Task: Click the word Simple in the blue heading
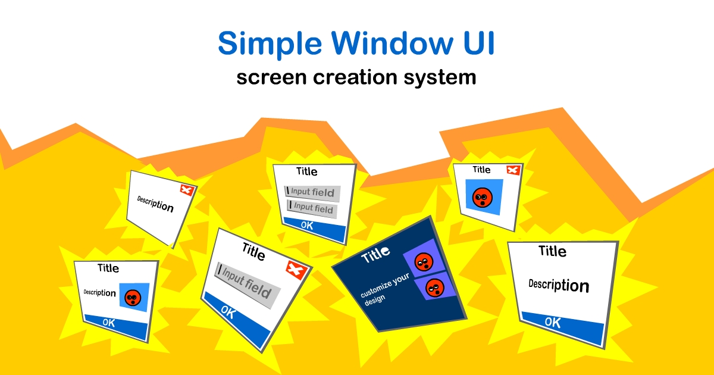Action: point(270,43)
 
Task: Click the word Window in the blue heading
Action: point(392,43)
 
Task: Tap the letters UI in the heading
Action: point(479,43)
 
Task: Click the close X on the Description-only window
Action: point(187,190)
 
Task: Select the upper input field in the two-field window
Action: point(312,192)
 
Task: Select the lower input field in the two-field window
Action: point(312,208)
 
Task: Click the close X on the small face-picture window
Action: point(513,170)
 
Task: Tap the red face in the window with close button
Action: point(483,198)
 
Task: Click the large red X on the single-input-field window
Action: point(296,270)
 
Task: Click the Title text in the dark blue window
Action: point(375,255)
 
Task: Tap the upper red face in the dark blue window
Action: point(424,262)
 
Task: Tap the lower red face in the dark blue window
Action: point(435,287)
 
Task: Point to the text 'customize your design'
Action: point(384,289)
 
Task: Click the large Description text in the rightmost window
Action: point(559,285)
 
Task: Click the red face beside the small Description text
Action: point(133,298)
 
